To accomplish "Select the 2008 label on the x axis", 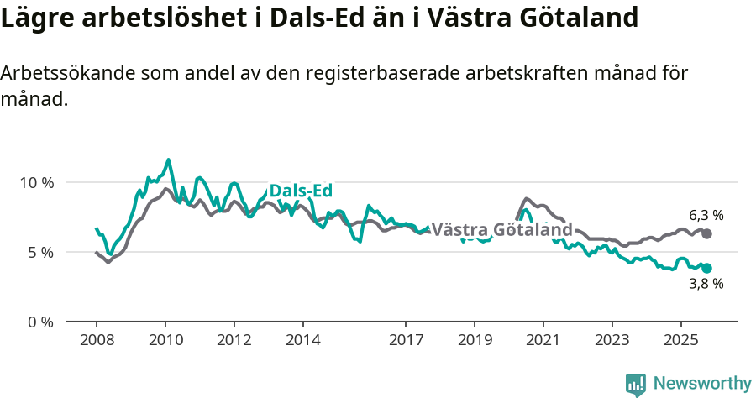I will [x=97, y=341].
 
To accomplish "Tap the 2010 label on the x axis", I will [x=165, y=341].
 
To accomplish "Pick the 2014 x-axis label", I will [x=302, y=341].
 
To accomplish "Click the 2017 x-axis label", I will [x=406, y=341].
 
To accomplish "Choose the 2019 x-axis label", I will [x=475, y=341].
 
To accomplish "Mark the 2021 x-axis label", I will [x=543, y=341].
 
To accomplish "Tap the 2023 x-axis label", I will [x=612, y=341].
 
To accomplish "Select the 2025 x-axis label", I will [x=680, y=341].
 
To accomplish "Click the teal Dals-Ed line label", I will [x=301, y=191].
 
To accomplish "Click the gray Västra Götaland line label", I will [x=501, y=229].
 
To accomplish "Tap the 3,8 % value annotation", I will [x=706, y=284].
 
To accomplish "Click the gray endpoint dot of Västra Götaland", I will [x=706, y=233].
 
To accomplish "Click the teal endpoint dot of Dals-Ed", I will [x=706, y=268].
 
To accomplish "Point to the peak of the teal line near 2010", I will [x=169, y=160].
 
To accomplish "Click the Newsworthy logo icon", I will [x=636, y=384].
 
